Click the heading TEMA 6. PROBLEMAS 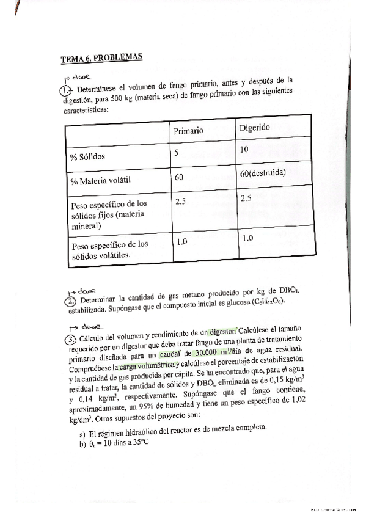tap(101, 59)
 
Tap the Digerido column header tap(259, 128)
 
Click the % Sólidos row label tap(88, 156)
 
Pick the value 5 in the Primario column tap(176, 153)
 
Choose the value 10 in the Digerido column tap(244, 150)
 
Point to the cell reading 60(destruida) tap(263, 174)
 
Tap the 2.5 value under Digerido tap(246, 198)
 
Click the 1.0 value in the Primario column tap(181, 242)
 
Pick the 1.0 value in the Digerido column tap(247, 238)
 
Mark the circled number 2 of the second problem tap(71, 301)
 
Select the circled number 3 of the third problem tap(71, 339)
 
